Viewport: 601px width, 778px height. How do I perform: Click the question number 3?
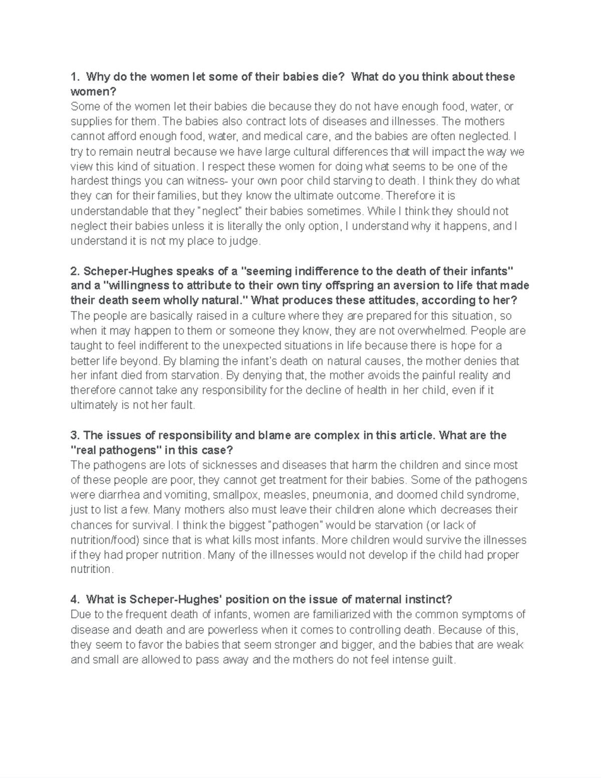(x=75, y=435)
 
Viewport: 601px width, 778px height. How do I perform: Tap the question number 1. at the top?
(x=75, y=77)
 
